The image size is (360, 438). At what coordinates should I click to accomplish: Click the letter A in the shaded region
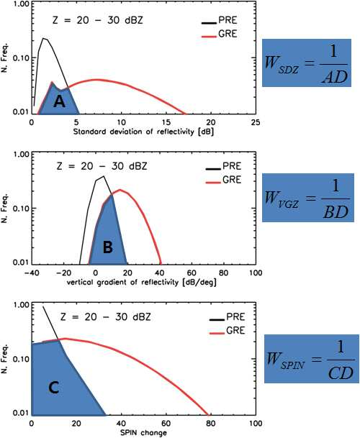59,101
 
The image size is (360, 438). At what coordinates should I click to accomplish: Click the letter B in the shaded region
108,247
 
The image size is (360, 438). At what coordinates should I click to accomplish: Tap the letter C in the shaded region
53,388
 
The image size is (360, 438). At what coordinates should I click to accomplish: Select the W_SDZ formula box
307,63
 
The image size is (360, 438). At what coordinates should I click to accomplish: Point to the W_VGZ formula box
308,198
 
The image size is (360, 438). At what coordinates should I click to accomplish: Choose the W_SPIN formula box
312,359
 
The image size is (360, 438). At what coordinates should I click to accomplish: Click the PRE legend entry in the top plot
220,21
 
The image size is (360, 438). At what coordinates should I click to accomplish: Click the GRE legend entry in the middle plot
223,180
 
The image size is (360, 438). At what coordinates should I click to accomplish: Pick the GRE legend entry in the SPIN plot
227,330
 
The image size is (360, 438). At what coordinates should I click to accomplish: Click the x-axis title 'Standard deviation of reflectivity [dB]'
143,132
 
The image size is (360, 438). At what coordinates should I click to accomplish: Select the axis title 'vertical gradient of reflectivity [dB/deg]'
142,283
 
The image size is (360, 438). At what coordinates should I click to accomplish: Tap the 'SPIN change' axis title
143,433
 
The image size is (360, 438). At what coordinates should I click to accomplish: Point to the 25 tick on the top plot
255,122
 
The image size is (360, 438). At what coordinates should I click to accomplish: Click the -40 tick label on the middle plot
32,273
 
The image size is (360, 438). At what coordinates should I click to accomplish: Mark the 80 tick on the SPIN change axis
211,424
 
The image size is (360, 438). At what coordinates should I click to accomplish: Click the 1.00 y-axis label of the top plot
22,4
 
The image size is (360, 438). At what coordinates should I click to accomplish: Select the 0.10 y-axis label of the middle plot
22,209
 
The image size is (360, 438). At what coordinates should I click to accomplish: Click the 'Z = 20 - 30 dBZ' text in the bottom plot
105,317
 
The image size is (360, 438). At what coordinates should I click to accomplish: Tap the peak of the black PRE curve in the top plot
43,38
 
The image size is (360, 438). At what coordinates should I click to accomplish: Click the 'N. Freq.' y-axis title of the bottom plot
5,359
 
